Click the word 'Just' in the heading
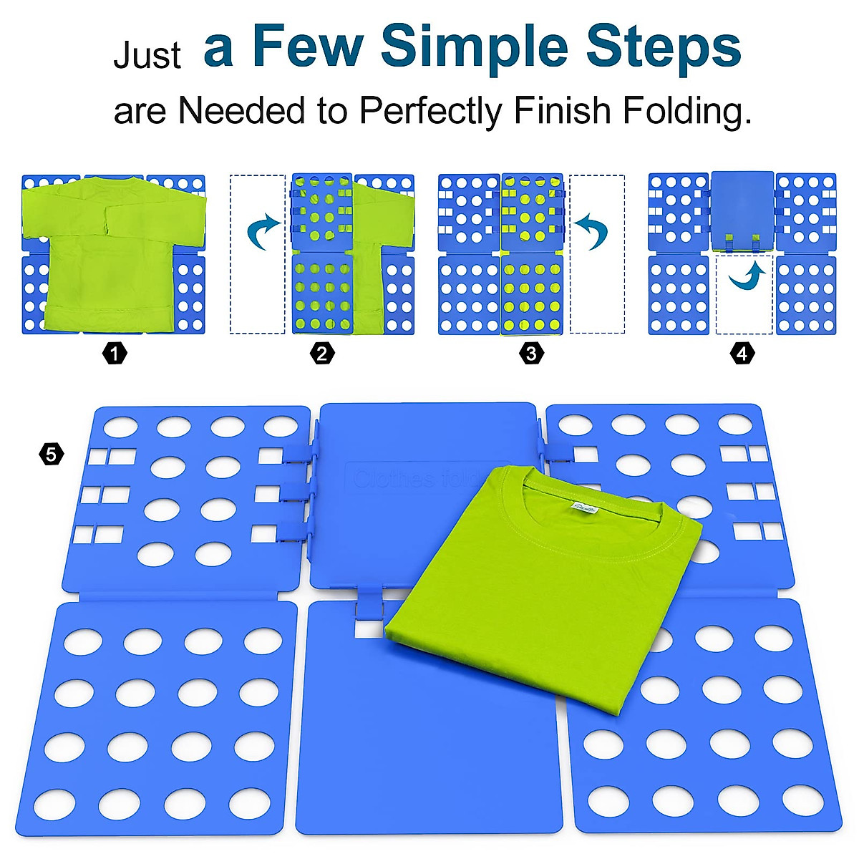(147, 56)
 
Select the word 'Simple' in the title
(475, 47)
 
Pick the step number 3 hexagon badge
(530, 353)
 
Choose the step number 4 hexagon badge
(742, 353)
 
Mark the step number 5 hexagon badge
(51, 454)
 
